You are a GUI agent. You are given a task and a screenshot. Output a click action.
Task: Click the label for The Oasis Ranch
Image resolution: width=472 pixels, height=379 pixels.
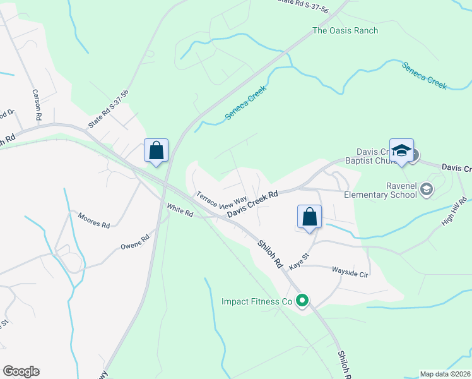point(345,30)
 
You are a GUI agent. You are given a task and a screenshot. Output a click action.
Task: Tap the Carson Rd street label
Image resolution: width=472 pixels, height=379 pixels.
point(37,104)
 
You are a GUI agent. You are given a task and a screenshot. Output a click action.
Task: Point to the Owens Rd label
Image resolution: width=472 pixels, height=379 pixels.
point(136,241)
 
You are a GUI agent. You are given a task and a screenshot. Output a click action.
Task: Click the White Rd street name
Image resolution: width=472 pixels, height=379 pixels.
point(180,209)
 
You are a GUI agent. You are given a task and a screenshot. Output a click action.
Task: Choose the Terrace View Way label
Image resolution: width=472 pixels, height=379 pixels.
point(221,200)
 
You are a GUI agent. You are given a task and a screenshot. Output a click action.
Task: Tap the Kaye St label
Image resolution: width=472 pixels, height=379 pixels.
point(298,261)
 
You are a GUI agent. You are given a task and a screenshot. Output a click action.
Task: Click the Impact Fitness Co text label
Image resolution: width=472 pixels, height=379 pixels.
point(257,301)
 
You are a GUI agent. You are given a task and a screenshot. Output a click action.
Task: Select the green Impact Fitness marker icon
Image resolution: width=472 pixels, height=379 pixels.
point(302,301)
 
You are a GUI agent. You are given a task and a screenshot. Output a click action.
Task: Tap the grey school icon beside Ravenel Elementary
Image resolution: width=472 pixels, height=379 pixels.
point(427,189)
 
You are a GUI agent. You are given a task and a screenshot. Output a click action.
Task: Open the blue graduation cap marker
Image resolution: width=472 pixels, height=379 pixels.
point(401,152)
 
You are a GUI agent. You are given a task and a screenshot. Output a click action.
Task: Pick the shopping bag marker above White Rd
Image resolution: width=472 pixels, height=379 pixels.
point(156,152)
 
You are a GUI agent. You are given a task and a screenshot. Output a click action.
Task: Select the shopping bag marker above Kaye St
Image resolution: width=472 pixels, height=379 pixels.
point(309,217)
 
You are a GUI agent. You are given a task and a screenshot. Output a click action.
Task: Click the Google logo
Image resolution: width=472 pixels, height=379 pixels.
point(21,371)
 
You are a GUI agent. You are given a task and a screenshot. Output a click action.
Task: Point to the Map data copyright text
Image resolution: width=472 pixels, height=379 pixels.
point(445,374)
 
